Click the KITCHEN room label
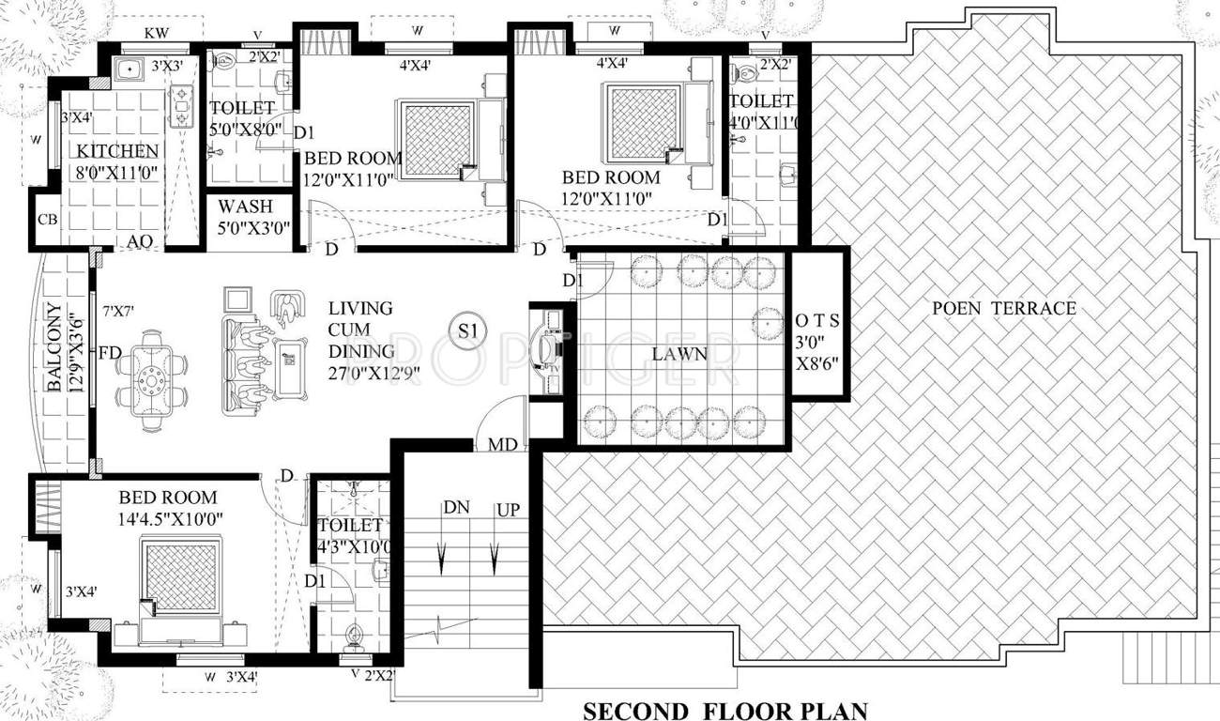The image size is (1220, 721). pos(117,151)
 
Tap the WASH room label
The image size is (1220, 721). pos(245,206)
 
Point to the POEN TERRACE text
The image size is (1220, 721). pos(1003,308)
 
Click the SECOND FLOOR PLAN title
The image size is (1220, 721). pos(725,710)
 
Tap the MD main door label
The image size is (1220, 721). pos(502,443)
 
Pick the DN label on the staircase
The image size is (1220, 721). pos(457,508)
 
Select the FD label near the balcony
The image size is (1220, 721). pos(110,353)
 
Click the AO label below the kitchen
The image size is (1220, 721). pos(141,242)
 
